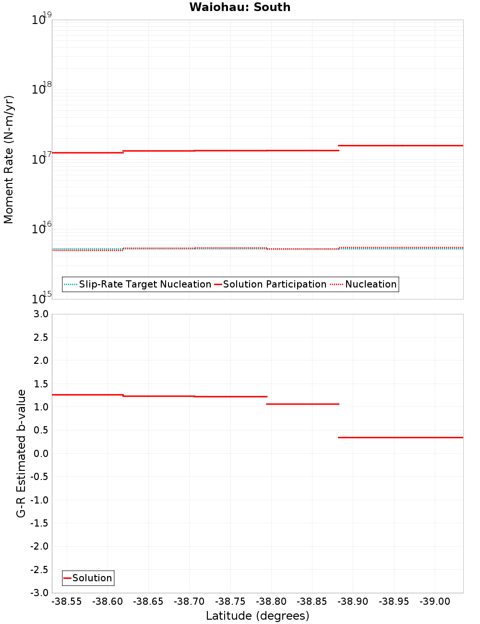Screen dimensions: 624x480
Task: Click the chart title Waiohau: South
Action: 240,7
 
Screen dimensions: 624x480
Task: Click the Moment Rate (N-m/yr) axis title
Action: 9,159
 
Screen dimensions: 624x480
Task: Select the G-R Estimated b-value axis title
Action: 21,453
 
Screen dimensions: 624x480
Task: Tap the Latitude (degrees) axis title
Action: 257,616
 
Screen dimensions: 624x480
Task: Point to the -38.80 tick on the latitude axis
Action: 271,601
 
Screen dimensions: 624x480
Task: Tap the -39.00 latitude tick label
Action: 435,601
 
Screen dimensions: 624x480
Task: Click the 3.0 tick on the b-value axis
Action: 40,314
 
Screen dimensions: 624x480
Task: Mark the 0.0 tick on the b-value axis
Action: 40,454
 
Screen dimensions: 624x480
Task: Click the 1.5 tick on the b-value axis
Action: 40,384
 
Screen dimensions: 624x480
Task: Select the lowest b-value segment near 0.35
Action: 401,437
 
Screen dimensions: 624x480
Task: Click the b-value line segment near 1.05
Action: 302,404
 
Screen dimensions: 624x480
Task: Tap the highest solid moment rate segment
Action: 401,145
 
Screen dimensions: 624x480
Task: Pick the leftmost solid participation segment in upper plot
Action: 87,153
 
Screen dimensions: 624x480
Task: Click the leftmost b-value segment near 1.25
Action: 87,395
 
